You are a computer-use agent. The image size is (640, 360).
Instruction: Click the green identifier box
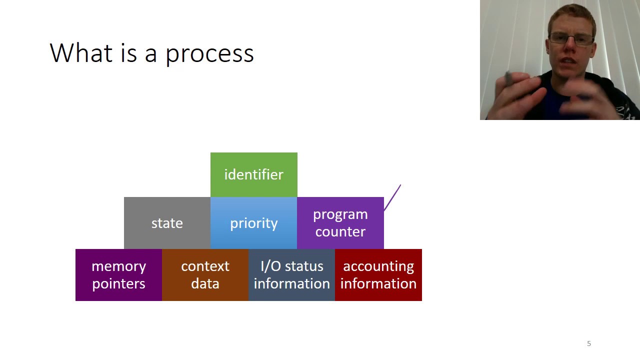253,175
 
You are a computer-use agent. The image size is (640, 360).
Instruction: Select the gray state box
167,223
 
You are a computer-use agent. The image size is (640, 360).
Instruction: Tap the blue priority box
253,223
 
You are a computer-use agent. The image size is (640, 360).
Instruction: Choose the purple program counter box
340,223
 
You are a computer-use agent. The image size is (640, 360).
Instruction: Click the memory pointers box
118,275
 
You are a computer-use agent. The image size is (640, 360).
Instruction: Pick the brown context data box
205,275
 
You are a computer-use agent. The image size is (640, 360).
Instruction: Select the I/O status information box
291,275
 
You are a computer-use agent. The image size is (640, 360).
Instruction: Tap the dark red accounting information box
378,275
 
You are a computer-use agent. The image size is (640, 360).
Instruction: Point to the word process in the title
209,55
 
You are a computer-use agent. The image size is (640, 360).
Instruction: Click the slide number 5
589,343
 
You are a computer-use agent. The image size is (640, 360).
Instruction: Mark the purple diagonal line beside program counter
392,197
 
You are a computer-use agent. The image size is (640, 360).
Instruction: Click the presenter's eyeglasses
571,39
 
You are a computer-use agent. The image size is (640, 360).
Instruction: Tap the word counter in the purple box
340,231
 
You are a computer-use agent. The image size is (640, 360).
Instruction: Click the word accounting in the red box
378,267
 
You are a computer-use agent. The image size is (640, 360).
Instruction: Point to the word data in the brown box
205,283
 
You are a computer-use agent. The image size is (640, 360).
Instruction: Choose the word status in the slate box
304,266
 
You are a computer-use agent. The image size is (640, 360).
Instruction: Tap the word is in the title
128,53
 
